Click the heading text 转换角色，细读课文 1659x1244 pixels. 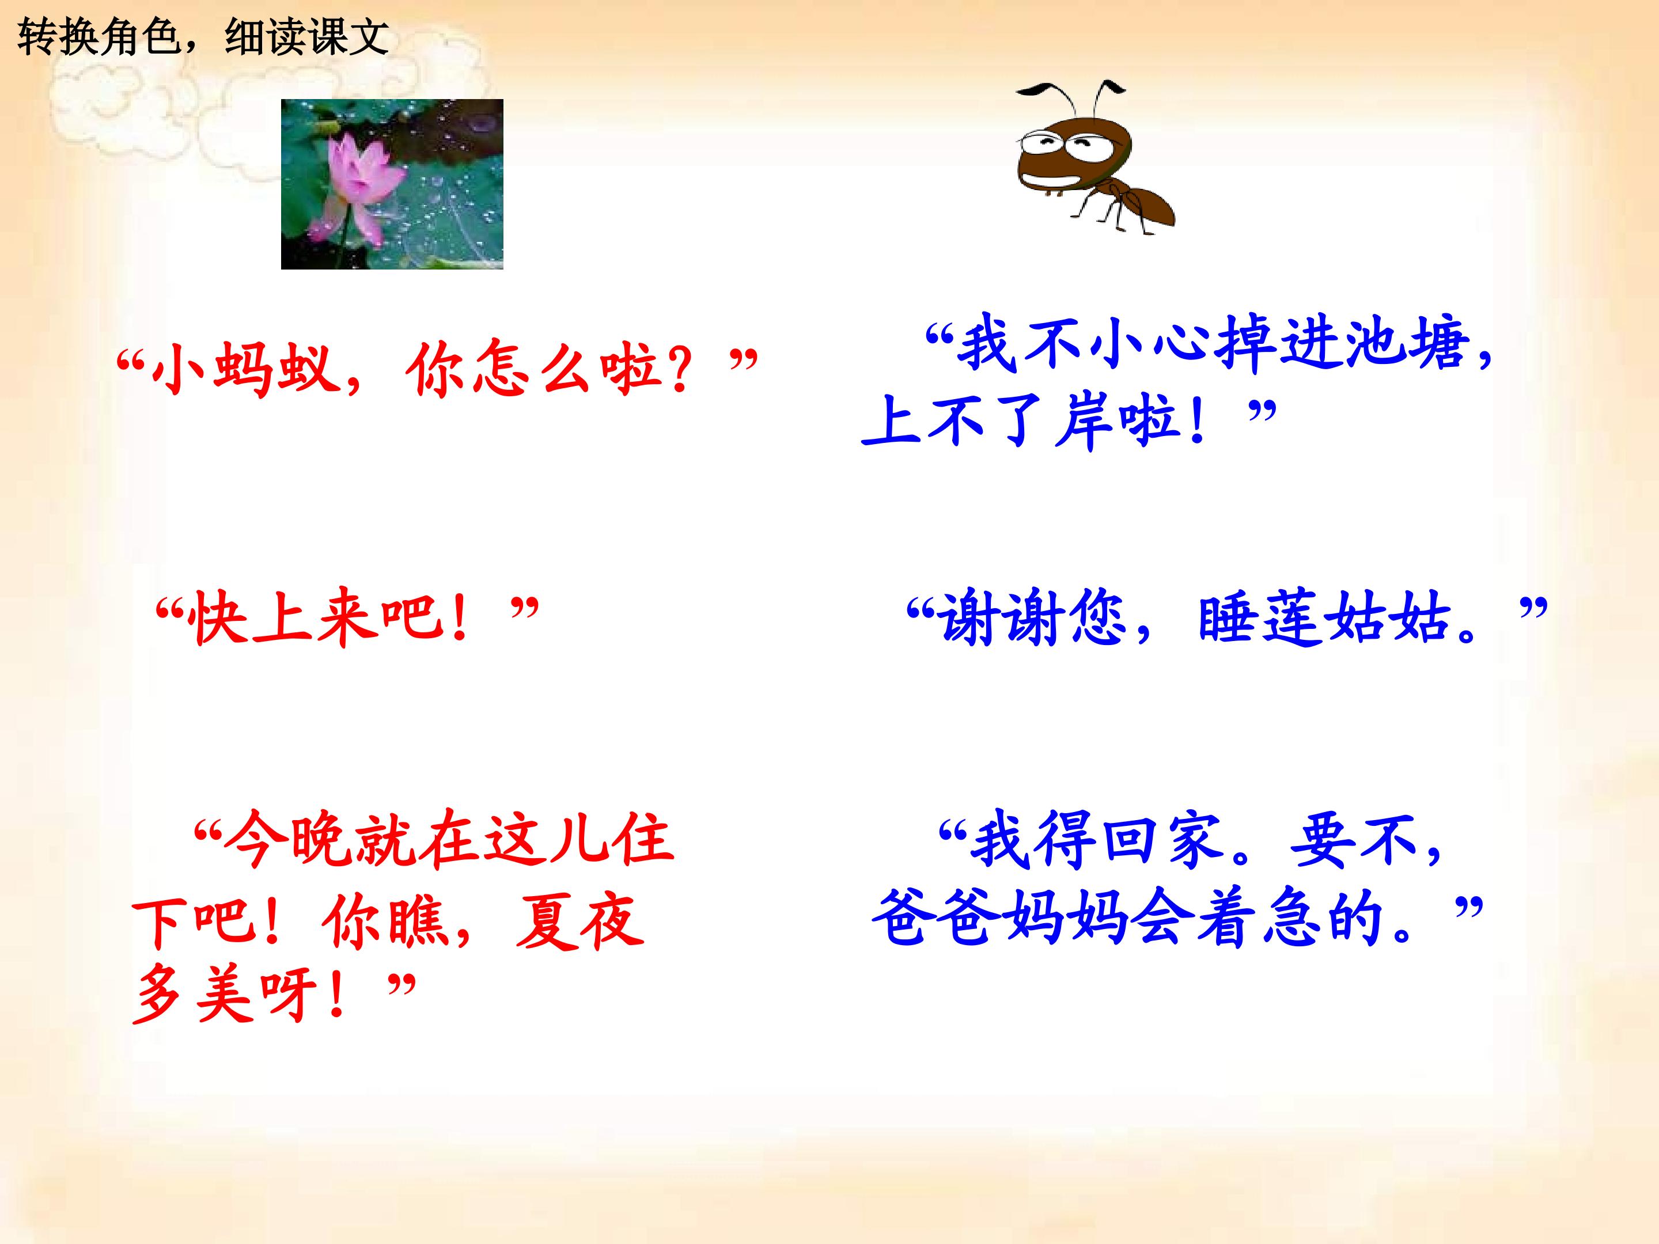pyautogui.click(x=203, y=36)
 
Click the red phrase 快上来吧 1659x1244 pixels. pyautogui.click(x=315, y=619)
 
